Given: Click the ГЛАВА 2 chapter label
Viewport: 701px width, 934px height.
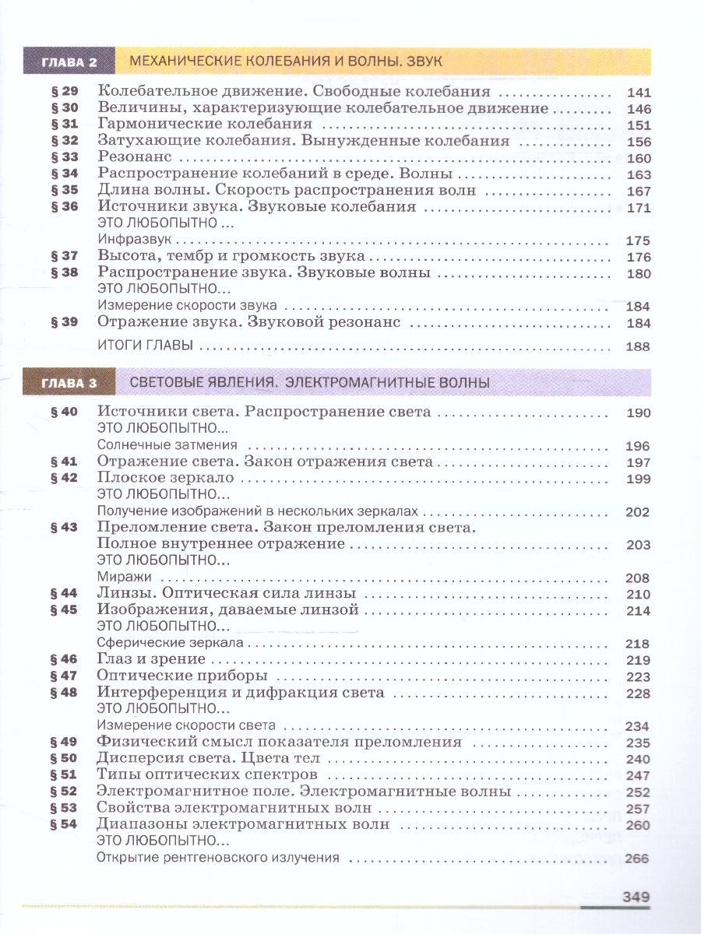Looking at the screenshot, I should click(69, 63).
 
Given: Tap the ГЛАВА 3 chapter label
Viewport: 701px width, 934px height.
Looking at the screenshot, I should click(69, 383).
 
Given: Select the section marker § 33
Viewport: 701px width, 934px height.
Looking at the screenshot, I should click(65, 158).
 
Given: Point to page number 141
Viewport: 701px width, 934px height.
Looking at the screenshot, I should click(638, 92).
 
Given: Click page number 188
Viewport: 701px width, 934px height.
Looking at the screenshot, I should click(638, 347).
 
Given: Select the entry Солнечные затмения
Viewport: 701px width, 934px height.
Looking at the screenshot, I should click(167, 445).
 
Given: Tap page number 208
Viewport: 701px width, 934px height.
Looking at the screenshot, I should click(638, 578).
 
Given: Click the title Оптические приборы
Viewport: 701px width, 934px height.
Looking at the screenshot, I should click(182, 676).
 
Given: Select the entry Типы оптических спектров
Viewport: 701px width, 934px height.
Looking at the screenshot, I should click(207, 774).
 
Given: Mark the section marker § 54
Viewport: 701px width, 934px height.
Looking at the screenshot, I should click(65, 824).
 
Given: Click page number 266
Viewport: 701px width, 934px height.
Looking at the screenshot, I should click(638, 859).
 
